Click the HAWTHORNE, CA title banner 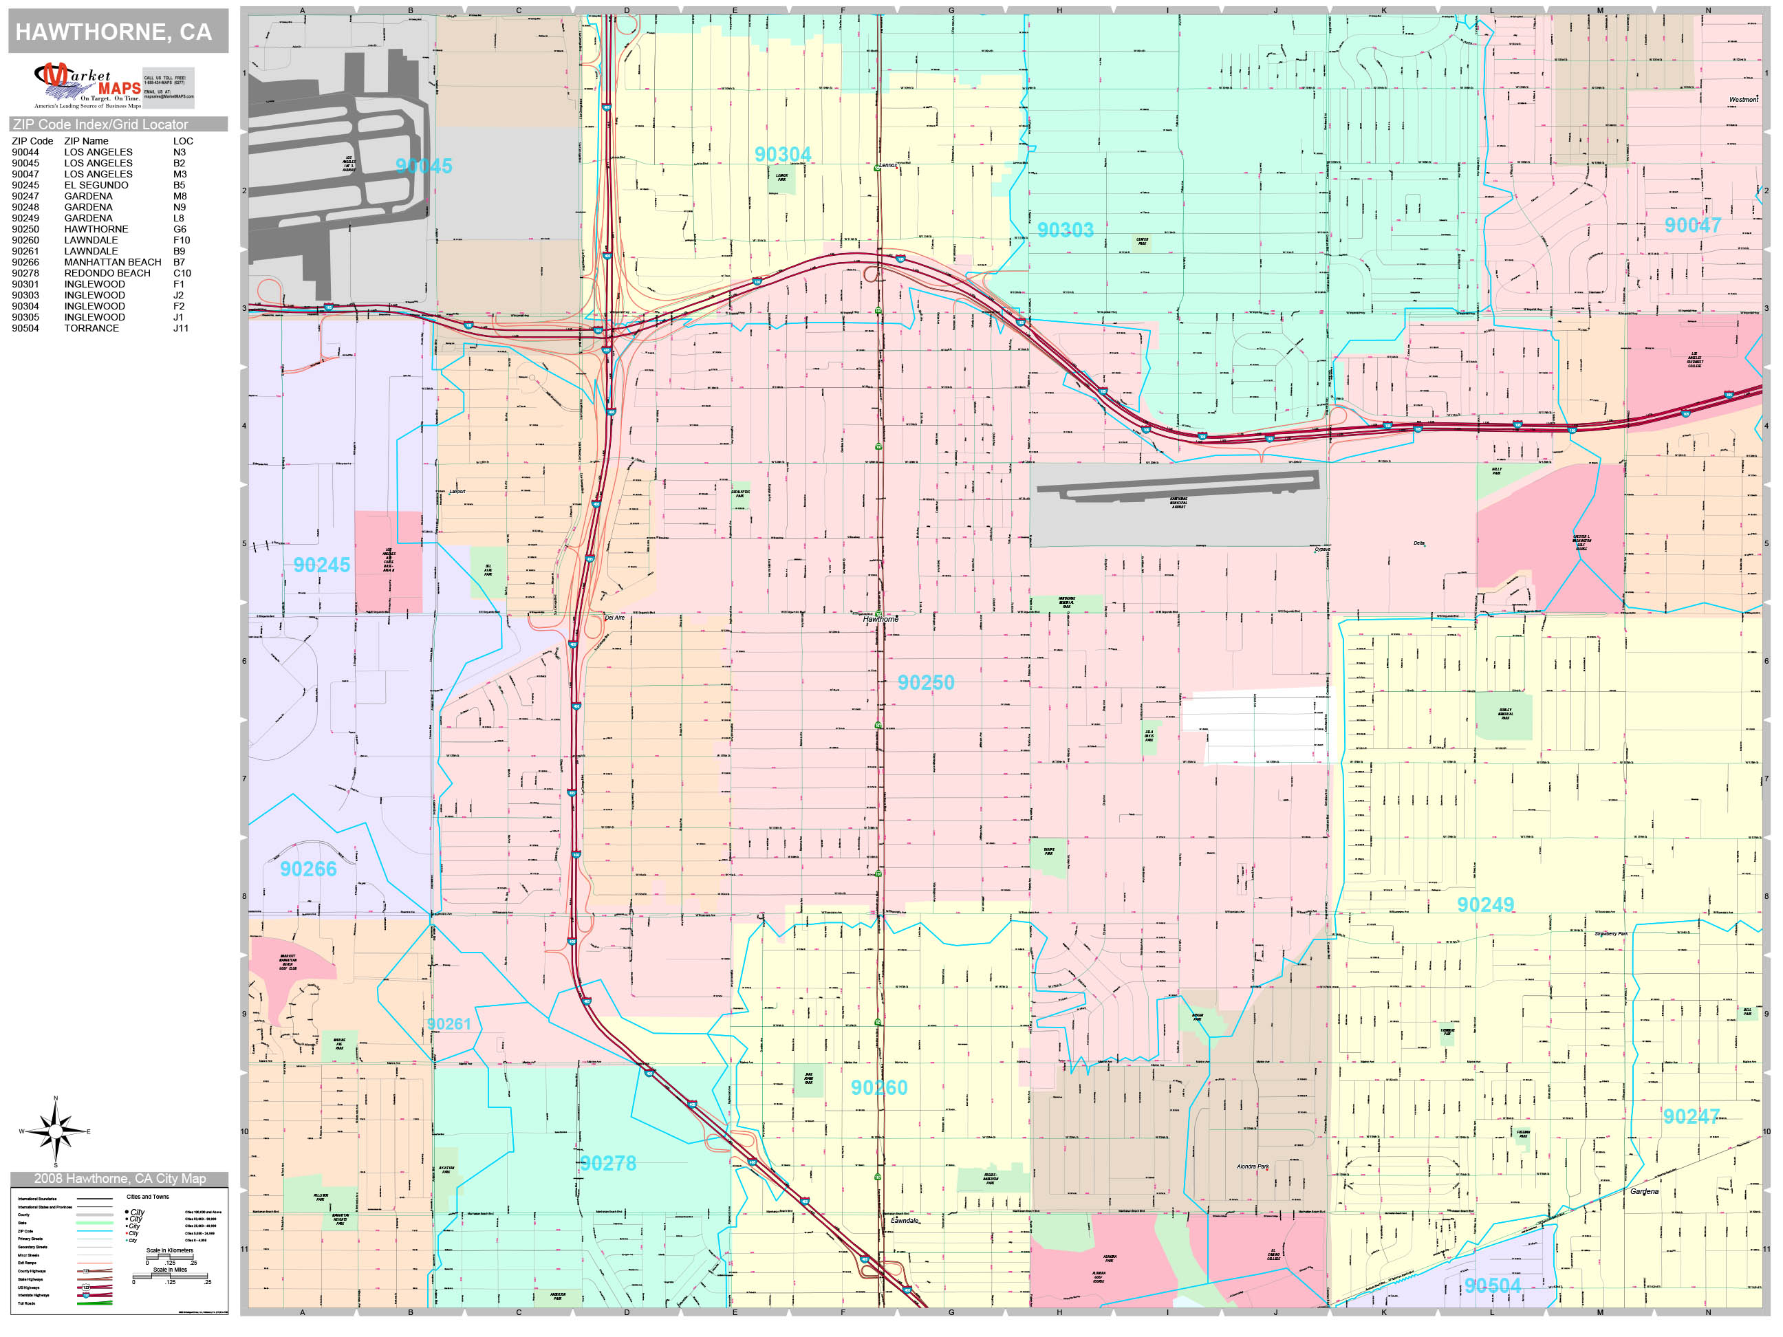114,32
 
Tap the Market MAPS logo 87,86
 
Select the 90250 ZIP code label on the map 925,683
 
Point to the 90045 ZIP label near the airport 424,166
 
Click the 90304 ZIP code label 783,154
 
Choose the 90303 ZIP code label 1065,230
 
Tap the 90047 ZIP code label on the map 1693,225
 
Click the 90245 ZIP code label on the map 322,565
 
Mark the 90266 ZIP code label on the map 308,869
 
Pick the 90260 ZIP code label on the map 878,1087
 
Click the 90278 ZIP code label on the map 608,1163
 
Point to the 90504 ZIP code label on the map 1493,1285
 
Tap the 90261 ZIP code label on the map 449,1023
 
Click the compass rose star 55,1131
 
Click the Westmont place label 1742,100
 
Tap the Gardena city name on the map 1644,1191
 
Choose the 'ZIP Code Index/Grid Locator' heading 100,124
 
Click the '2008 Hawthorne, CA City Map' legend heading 119,1178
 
